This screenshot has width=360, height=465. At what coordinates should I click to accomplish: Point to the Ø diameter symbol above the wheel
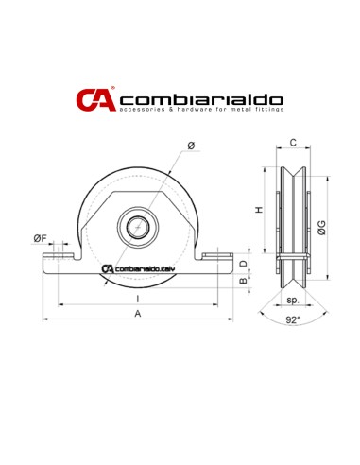point(192,145)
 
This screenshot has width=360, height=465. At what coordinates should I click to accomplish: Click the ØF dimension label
point(40,238)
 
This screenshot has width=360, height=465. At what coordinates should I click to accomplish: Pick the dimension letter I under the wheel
point(139,298)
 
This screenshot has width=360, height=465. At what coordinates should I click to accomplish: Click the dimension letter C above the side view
point(293,143)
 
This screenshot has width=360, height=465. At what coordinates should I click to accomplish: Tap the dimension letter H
point(261,210)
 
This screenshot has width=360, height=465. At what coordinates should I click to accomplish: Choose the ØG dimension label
point(324,227)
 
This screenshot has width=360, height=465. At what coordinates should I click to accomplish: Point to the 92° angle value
point(293,320)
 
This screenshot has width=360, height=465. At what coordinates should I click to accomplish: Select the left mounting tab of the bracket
point(61,256)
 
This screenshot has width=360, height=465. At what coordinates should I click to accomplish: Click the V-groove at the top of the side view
point(293,174)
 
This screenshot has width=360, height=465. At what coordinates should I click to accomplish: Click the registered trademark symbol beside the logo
point(113,89)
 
